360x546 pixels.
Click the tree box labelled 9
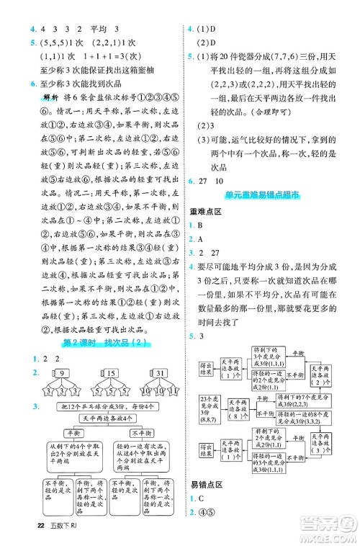click(62, 373)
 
